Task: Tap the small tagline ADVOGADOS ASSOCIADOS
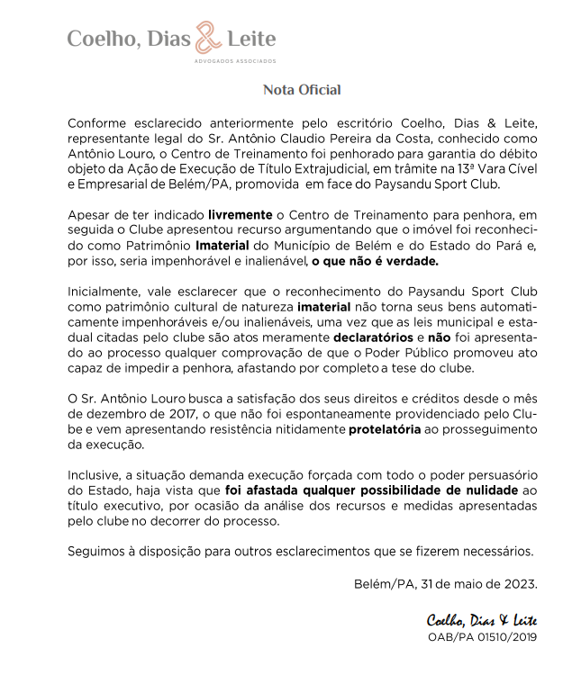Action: tap(235, 61)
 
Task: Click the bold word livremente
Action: tap(239, 216)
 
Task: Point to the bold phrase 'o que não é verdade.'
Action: tap(376, 261)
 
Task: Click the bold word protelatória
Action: tap(385, 429)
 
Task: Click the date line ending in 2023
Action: tap(446, 582)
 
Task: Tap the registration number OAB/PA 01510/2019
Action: tap(482, 636)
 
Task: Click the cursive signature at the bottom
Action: tap(482, 620)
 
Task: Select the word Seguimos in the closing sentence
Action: tap(95, 551)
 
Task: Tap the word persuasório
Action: tap(500, 475)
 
